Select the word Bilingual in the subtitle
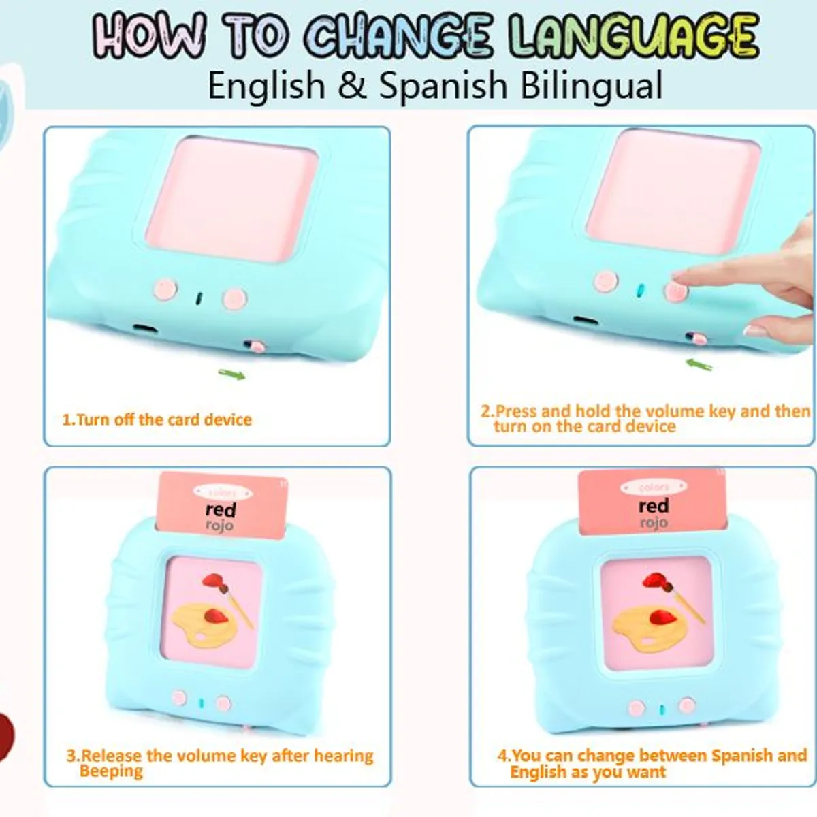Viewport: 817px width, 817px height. point(591,86)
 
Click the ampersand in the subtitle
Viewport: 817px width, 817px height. point(351,86)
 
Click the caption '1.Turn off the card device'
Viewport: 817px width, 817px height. point(157,419)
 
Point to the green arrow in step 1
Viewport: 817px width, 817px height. point(231,374)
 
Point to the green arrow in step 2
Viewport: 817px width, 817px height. point(699,365)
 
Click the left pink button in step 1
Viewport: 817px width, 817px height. point(165,289)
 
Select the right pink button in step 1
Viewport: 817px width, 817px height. point(234,298)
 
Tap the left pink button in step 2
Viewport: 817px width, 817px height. point(605,280)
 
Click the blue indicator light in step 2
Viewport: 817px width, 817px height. point(639,289)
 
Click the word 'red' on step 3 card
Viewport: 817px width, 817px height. point(221,510)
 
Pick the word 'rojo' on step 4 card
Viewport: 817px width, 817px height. point(653,523)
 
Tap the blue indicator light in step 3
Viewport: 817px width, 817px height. point(201,703)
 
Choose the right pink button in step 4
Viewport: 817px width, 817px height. point(687,705)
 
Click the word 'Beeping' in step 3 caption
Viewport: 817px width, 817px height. point(112,771)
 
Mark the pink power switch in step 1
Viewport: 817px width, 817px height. point(257,347)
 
